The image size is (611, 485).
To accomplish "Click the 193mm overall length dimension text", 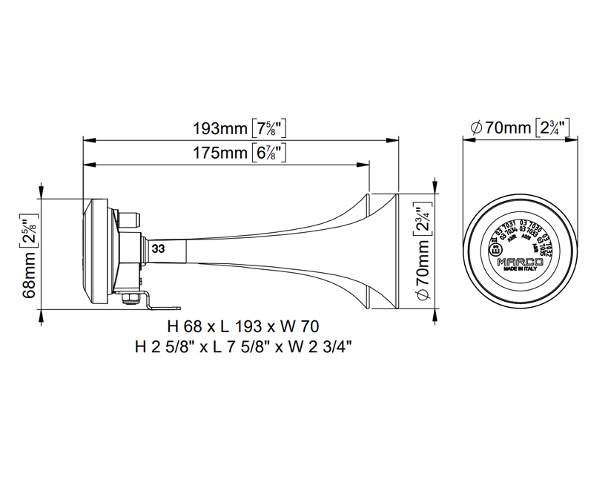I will click(220, 128).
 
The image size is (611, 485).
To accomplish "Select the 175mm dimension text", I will click(220, 154).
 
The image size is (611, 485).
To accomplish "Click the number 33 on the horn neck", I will click(158, 249).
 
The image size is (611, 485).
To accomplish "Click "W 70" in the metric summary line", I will click(302, 326).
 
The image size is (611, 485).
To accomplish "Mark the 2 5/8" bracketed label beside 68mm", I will click(30, 233).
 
